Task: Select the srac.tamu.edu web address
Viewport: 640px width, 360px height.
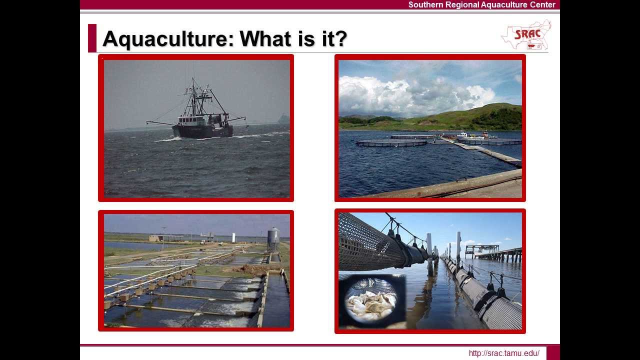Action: (x=504, y=353)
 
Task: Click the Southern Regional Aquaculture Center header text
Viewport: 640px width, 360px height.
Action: (x=481, y=4)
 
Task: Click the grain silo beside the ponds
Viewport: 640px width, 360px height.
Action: (x=273, y=239)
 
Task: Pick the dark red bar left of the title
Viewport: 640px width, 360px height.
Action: (x=92, y=38)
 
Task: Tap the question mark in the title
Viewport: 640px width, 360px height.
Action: (x=340, y=38)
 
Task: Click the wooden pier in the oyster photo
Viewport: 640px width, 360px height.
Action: (x=497, y=252)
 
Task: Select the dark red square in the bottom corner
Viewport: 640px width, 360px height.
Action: (x=553, y=352)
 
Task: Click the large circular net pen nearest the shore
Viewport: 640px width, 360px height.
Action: (x=391, y=142)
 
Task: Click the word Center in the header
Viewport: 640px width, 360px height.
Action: (x=541, y=4)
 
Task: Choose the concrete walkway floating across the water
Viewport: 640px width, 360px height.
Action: (x=485, y=151)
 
